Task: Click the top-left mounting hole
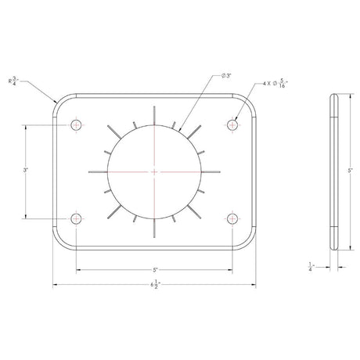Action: coord(77,124)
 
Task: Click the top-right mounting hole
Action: coord(232,124)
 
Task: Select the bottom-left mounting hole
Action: coord(77,218)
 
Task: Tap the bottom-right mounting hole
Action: coord(232,218)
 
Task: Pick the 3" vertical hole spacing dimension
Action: coord(27,171)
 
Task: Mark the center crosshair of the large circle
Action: coord(155,171)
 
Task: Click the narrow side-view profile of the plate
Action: coord(333,171)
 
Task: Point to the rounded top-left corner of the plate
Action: coord(59,102)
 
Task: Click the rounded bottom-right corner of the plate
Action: coord(250,241)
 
